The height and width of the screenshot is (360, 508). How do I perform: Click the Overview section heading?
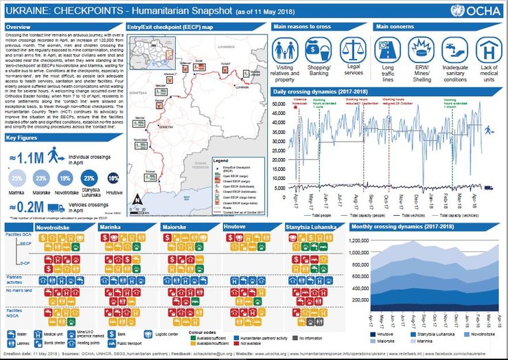(x=19, y=27)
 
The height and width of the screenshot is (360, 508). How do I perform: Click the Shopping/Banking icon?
(x=319, y=51)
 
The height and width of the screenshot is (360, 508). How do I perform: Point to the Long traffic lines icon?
(x=388, y=51)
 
